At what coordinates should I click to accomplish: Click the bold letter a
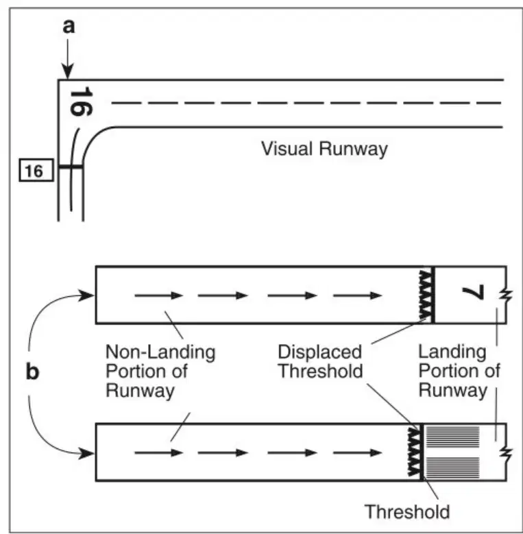(69, 26)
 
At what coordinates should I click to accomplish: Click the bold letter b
(33, 372)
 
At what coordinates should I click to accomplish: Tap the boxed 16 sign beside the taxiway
(36, 170)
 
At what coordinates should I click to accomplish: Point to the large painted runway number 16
(81, 101)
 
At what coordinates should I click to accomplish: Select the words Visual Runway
(324, 149)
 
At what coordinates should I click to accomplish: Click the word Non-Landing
(160, 352)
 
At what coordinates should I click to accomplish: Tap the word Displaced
(319, 352)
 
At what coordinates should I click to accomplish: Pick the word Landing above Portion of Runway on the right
(452, 352)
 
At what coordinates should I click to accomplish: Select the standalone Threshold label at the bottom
(407, 511)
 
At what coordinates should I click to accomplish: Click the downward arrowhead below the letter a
(67, 72)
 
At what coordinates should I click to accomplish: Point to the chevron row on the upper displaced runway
(426, 295)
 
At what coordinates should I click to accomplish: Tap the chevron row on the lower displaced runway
(414, 452)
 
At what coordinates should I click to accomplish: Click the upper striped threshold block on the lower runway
(452, 437)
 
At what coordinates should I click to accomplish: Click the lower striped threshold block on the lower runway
(452, 468)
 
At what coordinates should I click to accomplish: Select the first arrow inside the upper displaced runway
(159, 295)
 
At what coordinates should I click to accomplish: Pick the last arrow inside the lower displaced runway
(357, 452)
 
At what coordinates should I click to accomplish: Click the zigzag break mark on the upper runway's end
(506, 296)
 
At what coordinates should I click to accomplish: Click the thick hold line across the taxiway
(71, 167)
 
